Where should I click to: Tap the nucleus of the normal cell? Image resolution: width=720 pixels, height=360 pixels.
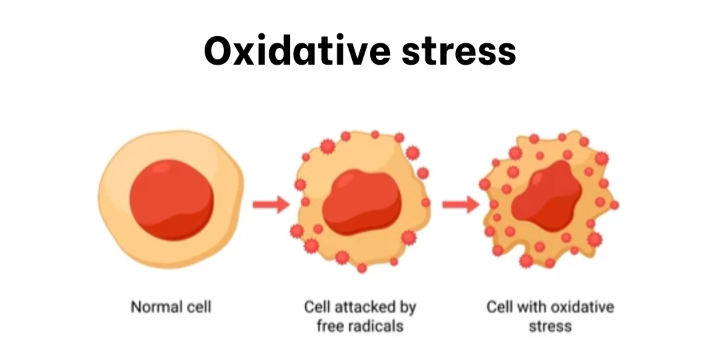point(171,199)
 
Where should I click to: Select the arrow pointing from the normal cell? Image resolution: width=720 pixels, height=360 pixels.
point(270,204)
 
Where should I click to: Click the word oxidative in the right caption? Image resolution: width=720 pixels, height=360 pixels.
point(585,307)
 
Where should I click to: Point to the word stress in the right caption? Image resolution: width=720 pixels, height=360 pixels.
point(550,327)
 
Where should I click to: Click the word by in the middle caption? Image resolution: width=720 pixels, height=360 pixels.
point(408,308)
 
